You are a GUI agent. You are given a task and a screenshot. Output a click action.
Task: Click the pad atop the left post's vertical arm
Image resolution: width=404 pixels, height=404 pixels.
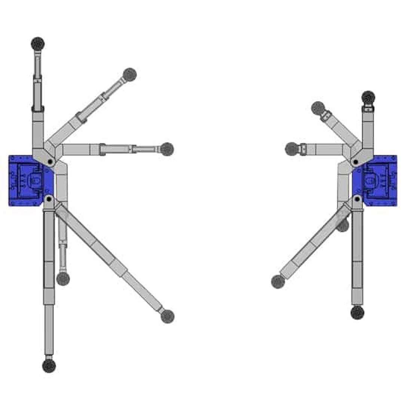(x=38, y=44)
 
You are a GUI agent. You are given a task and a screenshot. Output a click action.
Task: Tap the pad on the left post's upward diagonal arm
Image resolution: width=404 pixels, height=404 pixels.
(x=129, y=74)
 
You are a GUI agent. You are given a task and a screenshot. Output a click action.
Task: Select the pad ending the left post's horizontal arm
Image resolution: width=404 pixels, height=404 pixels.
(x=167, y=149)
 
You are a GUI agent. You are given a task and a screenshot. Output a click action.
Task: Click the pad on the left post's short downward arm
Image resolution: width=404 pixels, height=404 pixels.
(x=63, y=279)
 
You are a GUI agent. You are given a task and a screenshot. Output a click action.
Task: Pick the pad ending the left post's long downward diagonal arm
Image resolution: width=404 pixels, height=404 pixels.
(x=167, y=316)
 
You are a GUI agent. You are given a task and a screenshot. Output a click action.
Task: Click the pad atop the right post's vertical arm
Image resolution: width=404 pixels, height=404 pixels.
(x=368, y=98)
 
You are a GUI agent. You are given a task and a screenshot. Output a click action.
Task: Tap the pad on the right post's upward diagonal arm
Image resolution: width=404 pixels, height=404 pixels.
(x=318, y=108)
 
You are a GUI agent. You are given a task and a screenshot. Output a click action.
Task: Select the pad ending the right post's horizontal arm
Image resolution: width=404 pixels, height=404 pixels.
(x=292, y=149)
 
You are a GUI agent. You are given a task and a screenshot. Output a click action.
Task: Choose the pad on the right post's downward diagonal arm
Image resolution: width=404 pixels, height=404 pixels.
(x=278, y=281)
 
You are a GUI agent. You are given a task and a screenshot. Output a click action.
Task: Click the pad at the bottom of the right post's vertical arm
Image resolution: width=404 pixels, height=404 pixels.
(x=358, y=312)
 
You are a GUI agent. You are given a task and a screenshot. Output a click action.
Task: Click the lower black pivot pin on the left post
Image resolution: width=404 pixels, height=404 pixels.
(x=48, y=198)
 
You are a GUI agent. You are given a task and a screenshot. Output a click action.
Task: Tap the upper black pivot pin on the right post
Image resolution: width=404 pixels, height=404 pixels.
(x=355, y=162)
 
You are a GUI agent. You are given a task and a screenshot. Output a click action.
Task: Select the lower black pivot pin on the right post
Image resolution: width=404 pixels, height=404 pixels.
(x=357, y=199)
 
